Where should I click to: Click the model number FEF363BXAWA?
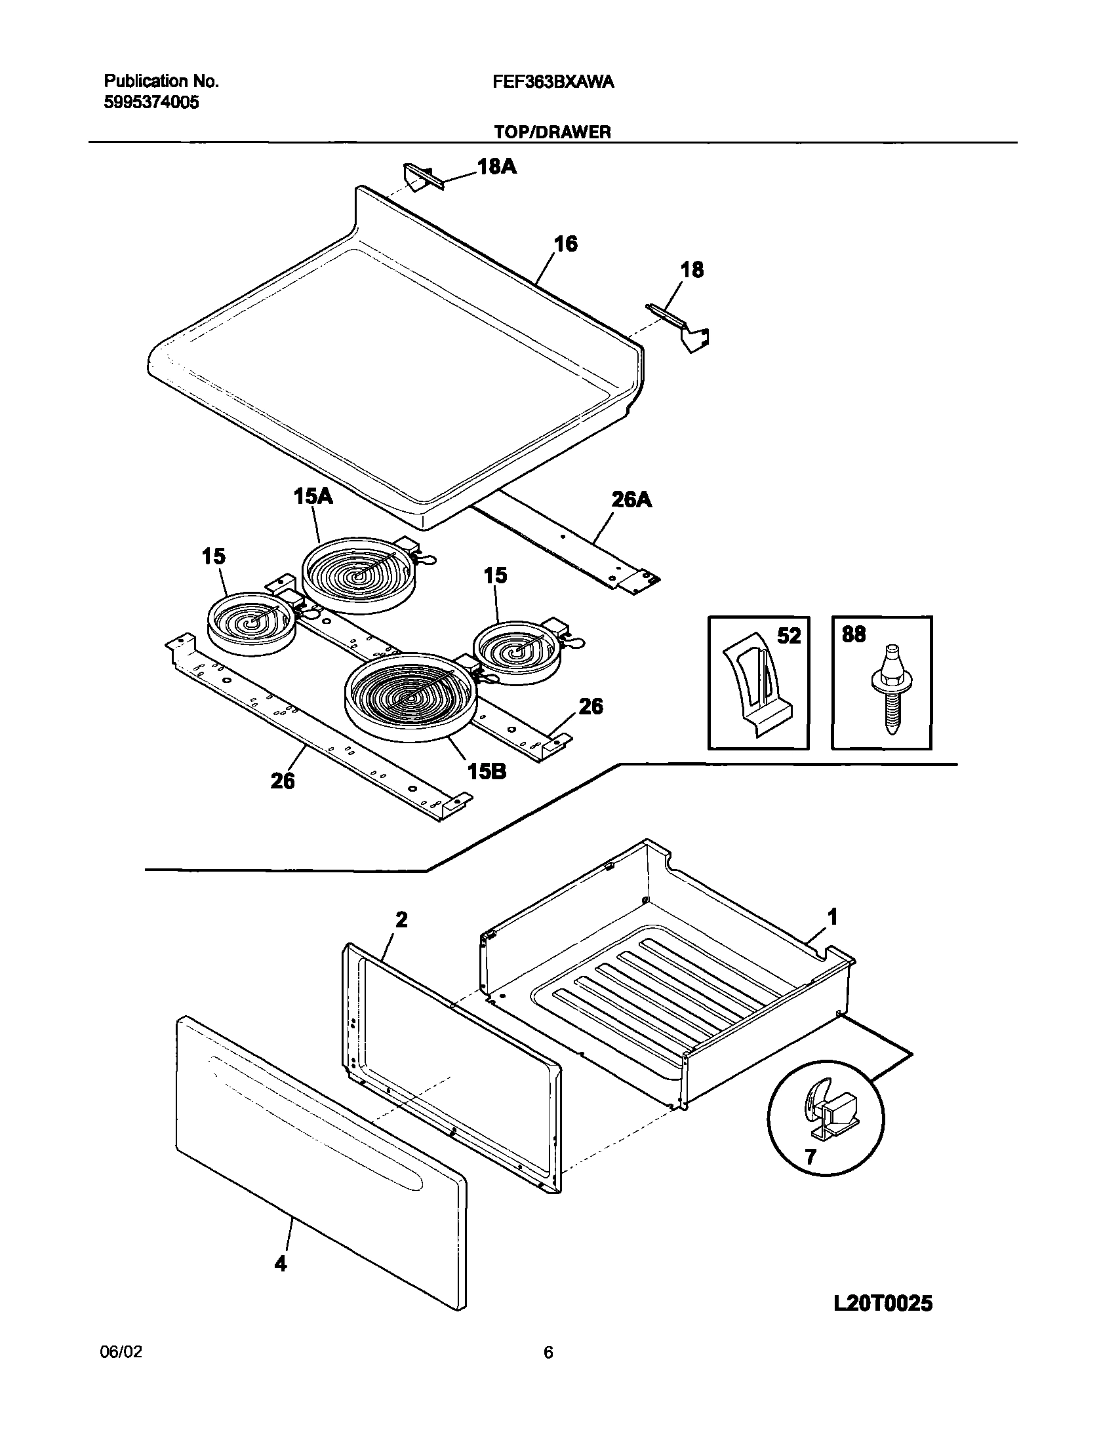pyautogui.click(x=552, y=82)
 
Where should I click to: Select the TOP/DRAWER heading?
pyautogui.click(x=552, y=132)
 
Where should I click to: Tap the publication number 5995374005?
pyautogui.click(x=151, y=102)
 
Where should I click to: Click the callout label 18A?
pyautogui.click(x=496, y=167)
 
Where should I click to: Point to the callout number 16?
pyautogui.click(x=565, y=244)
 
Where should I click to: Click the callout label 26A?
pyautogui.click(x=631, y=500)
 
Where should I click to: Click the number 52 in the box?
pyautogui.click(x=789, y=635)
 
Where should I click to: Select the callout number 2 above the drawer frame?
pyautogui.click(x=401, y=920)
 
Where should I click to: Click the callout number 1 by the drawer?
pyautogui.click(x=832, y=918)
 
